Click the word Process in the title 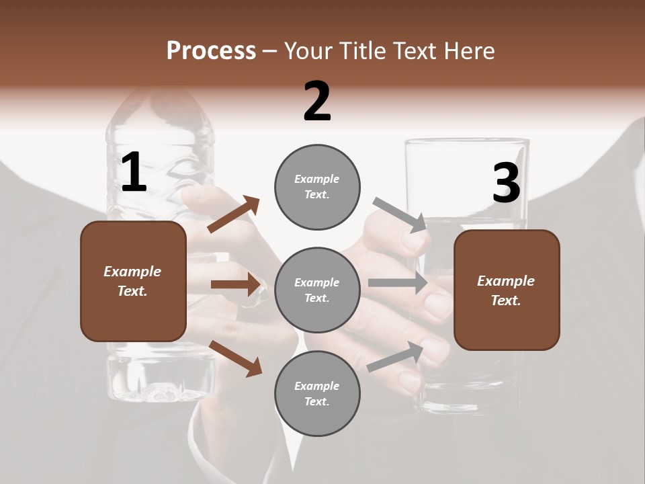tap(211, 51)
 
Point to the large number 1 tap(134, 173)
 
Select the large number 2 tap(317, 102)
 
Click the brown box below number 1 tap(133, 281)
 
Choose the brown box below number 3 tap(507, 290)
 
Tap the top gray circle tap(317, 186)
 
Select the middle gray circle tap(317, 290)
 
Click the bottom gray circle tap(317, 393)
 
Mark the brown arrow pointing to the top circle tap(234, 214)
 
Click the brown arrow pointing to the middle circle tap(236, 284)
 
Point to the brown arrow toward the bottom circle tap(235, 358)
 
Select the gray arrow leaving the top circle tap(400, 214)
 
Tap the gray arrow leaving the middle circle tap(398, 283)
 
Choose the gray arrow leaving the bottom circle tap(396, 356)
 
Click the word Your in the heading tap(310, 51)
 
